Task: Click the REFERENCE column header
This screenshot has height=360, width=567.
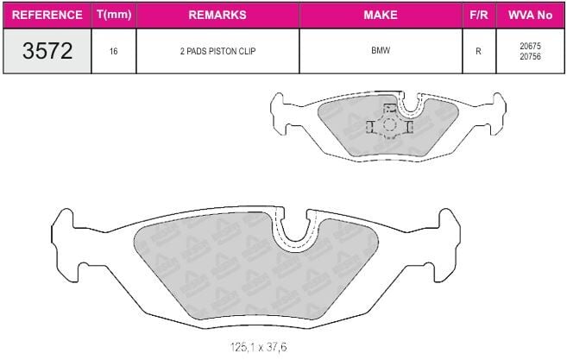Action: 47,15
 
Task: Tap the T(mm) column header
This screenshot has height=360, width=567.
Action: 114,15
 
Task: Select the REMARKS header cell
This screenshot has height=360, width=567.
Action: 217,15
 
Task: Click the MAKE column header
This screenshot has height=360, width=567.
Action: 381,15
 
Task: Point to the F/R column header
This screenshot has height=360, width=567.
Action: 479,15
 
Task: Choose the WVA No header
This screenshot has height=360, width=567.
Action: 530,15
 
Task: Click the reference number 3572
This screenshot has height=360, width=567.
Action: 47,51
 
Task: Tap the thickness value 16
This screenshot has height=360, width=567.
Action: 114,52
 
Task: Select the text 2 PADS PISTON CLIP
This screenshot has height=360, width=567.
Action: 217,51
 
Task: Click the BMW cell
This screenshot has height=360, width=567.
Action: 381,50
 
